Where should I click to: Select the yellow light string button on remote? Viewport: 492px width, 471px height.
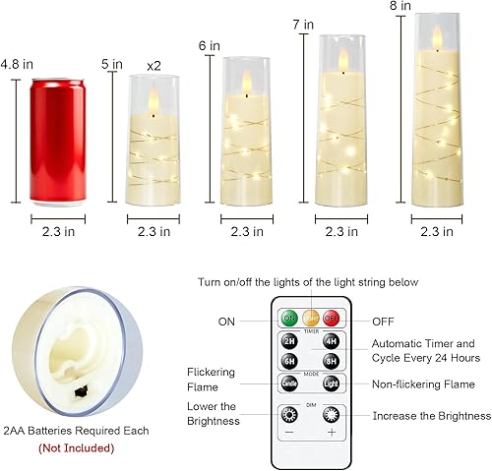[310, 318]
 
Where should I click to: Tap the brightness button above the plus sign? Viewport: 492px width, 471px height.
[331, 413]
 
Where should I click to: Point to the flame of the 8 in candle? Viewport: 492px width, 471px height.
[437, 36]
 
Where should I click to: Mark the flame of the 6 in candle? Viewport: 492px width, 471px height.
[246, 85]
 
